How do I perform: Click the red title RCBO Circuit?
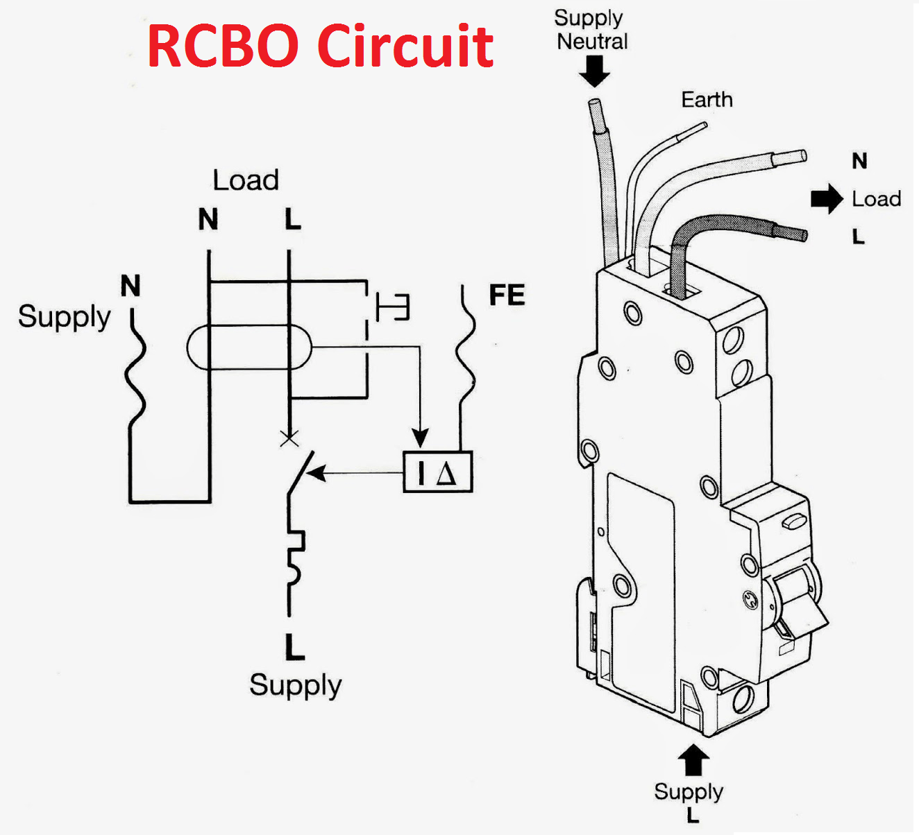click(x=320, y=46)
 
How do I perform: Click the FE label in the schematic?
click(x=507, y=295)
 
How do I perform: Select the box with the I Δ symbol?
click(x=438, y=472)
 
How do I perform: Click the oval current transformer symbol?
click(x=249, y=347)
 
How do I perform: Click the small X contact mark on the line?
click(x=289, y=438)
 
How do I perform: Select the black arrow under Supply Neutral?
click(x=594, y=70)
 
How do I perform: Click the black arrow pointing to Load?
click(x=826, y=199)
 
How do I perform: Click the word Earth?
click(x=707, y=100)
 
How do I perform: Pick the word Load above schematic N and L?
click(x=246, y=180)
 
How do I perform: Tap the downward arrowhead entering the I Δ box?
click(x=420, y=438)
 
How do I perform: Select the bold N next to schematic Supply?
click(x=130, y=286)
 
